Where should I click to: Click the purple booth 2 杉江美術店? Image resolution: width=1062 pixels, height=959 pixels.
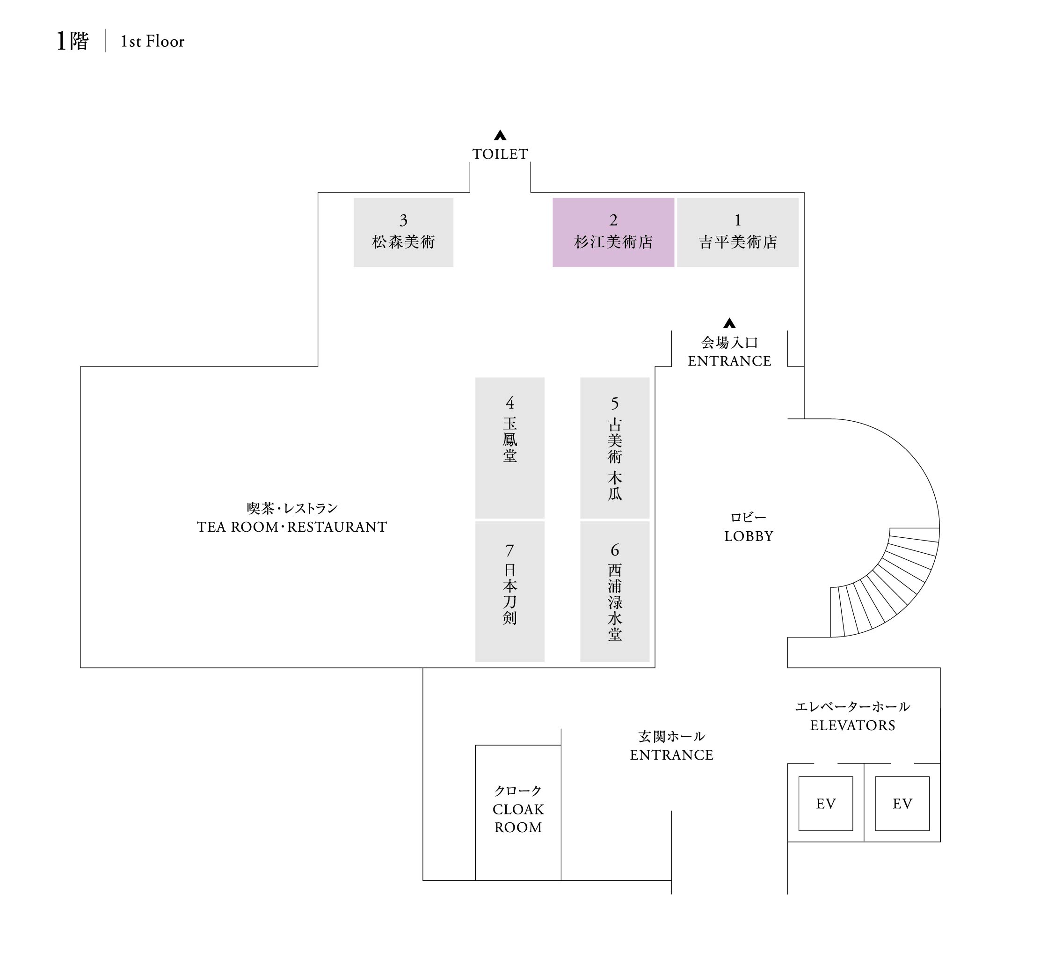point(613,232)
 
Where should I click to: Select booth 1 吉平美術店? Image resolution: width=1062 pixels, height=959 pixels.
point(737,232)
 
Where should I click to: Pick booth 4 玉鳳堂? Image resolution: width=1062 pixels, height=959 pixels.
point(509,447)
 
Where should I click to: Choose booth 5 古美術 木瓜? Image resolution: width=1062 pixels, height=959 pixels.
point(614,447)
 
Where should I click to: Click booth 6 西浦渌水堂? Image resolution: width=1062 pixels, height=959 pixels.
point(614,591)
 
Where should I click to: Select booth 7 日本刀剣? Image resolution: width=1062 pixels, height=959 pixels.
point(509,591)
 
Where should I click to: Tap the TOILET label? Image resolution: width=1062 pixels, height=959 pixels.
point(500,154)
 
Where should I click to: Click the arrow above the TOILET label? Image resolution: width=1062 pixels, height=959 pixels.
point(500,135)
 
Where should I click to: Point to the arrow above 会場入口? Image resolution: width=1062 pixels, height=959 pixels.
point(729,323)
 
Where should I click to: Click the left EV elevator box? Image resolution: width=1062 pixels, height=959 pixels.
point(825,804)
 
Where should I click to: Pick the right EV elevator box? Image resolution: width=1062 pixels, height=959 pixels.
point(902,804)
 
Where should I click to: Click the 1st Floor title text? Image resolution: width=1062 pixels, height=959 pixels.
point(152,42)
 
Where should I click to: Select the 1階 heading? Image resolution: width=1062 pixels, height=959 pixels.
point(73,41)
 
